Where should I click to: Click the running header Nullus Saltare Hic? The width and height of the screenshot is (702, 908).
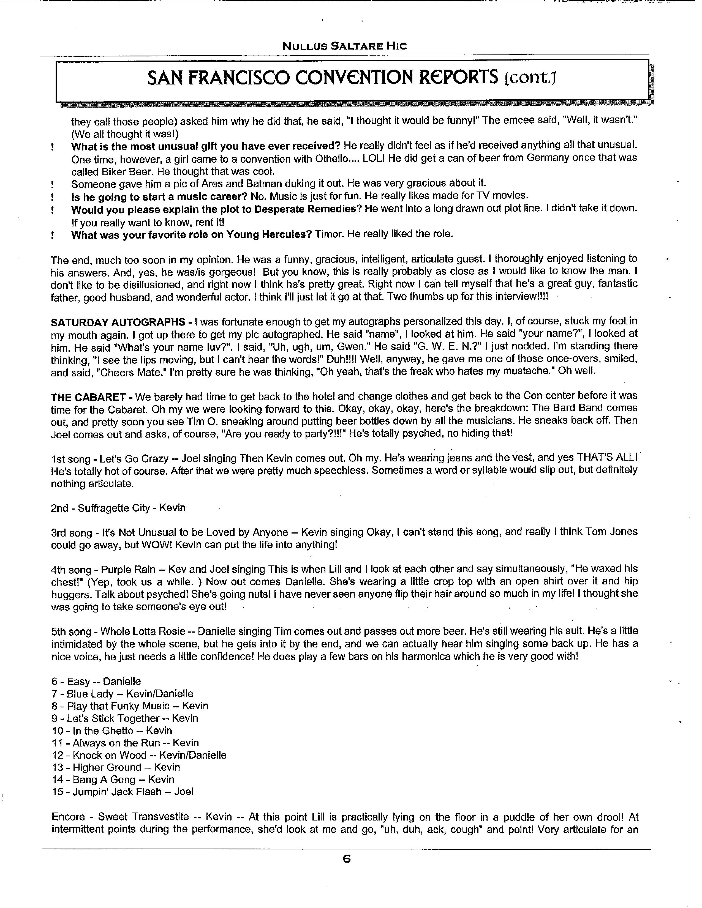tap(344, 46)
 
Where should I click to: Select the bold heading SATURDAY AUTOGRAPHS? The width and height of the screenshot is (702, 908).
tap(118, 322)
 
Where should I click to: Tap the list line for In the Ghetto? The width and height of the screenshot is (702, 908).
tap(112, 731)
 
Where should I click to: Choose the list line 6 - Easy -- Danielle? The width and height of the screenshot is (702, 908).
tap(96, 682)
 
